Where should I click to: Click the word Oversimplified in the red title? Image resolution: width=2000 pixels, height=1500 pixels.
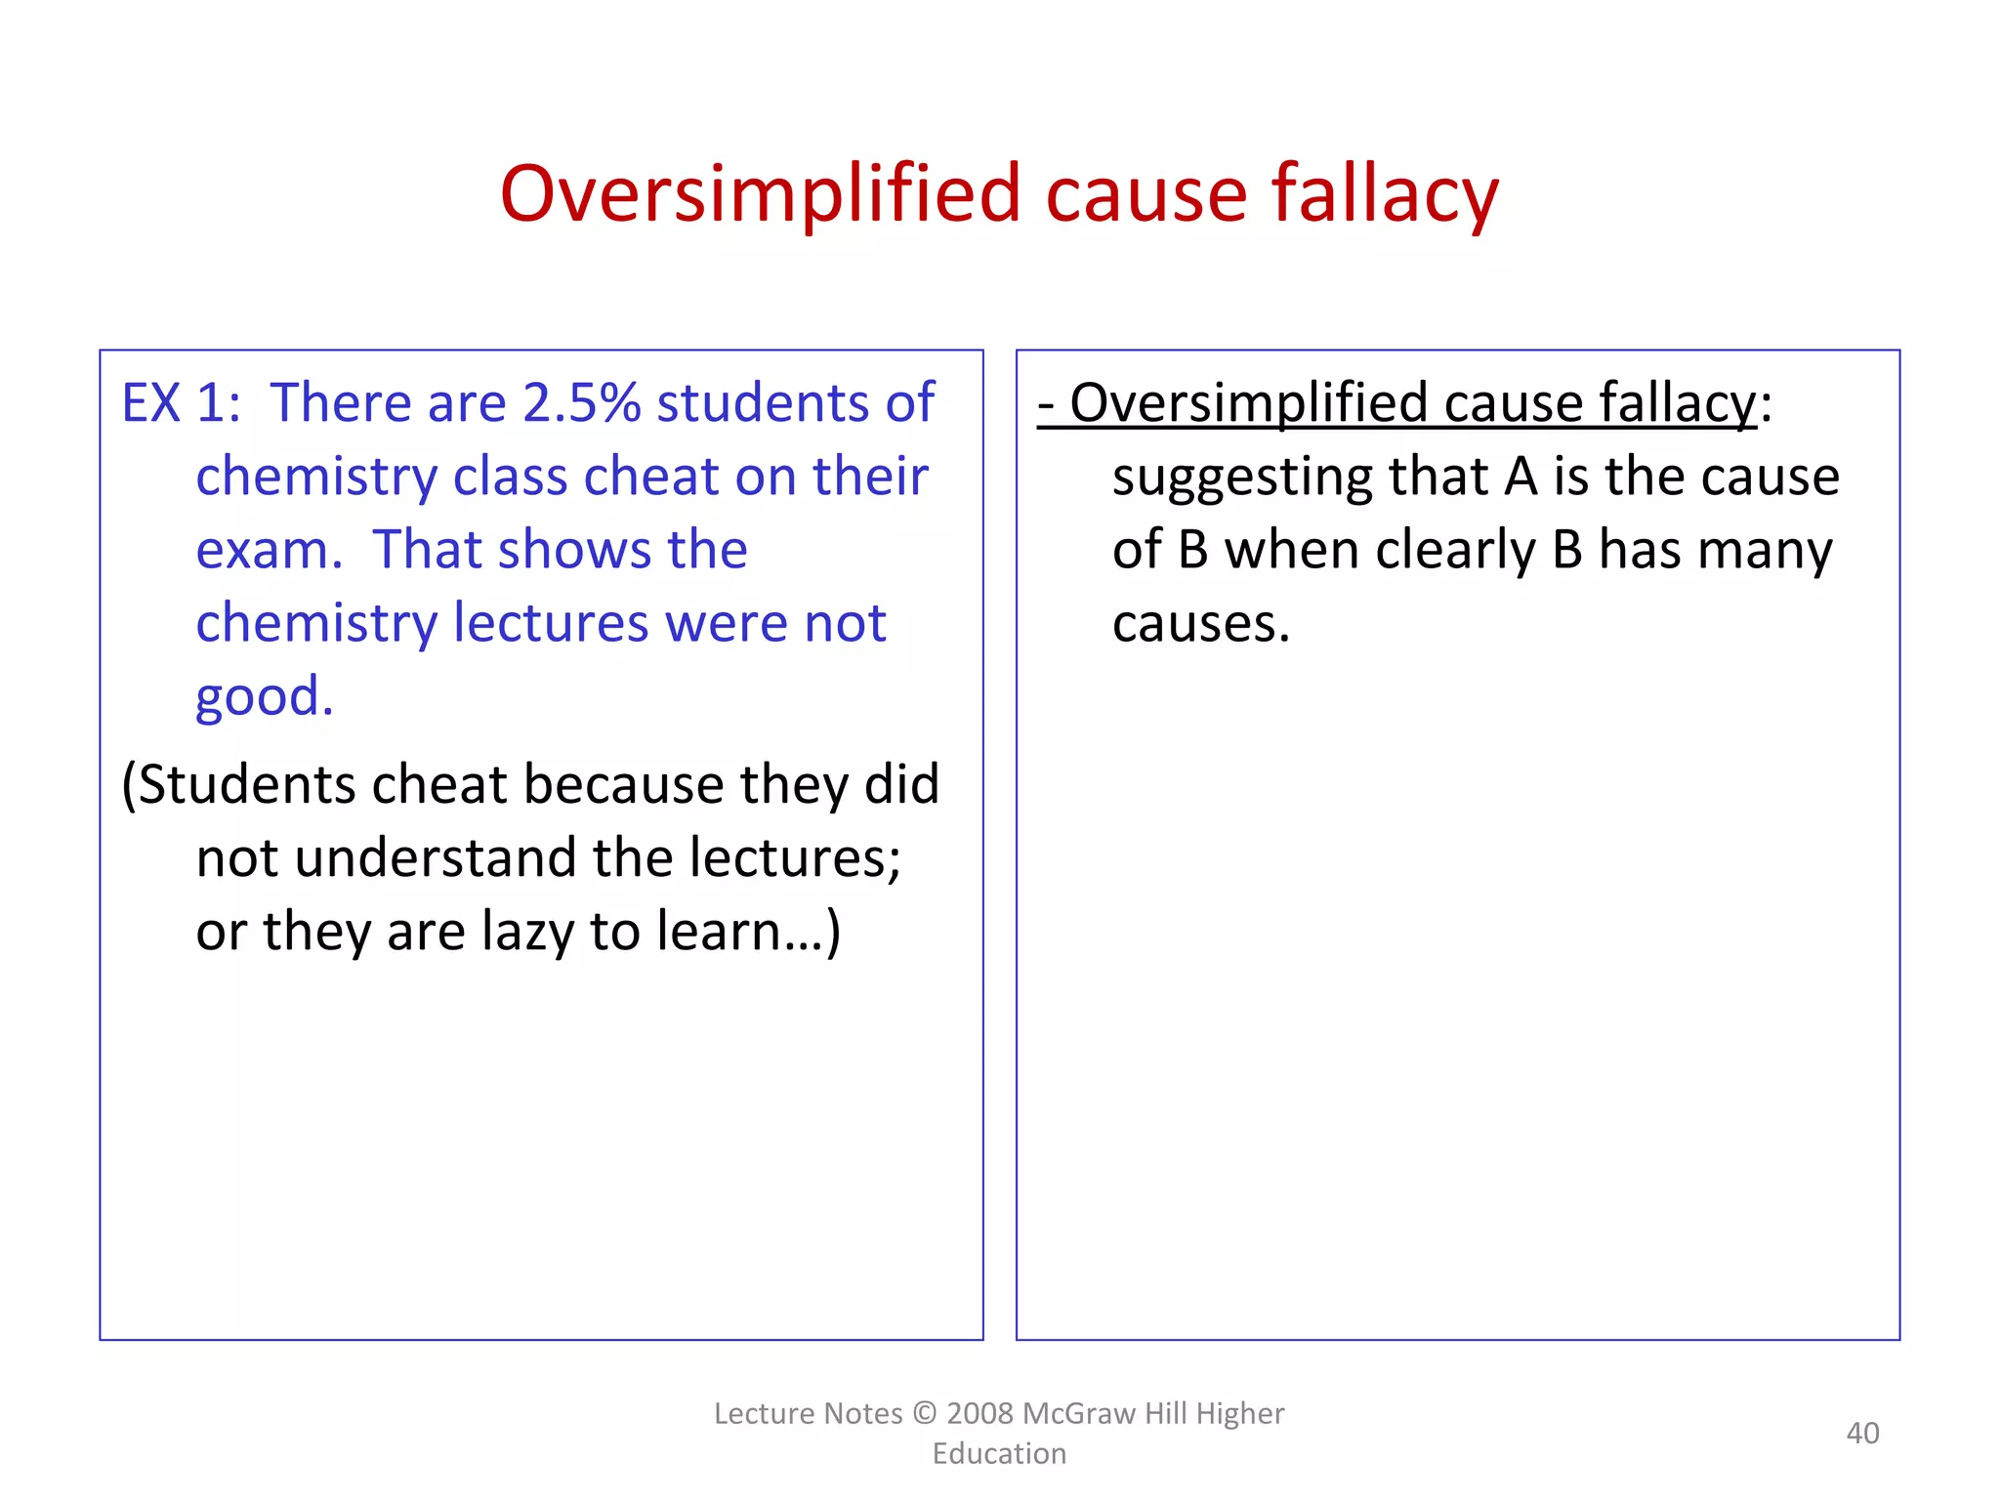(x=760, y=194)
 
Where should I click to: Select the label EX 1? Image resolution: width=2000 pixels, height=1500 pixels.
(x=181, y=402)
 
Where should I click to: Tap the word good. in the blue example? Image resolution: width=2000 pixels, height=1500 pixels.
(x=265, y=697)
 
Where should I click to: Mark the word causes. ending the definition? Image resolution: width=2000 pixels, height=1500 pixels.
(x=1200, y=624)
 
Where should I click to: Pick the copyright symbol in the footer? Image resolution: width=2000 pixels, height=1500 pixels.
(x=924, y=1413)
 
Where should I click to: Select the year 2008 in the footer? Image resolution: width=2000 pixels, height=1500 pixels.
(x=980, y=1413)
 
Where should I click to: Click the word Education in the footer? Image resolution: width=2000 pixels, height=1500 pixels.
(x=999, y=1453)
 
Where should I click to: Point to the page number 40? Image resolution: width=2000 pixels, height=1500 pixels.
(x=1862, y=1433)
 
